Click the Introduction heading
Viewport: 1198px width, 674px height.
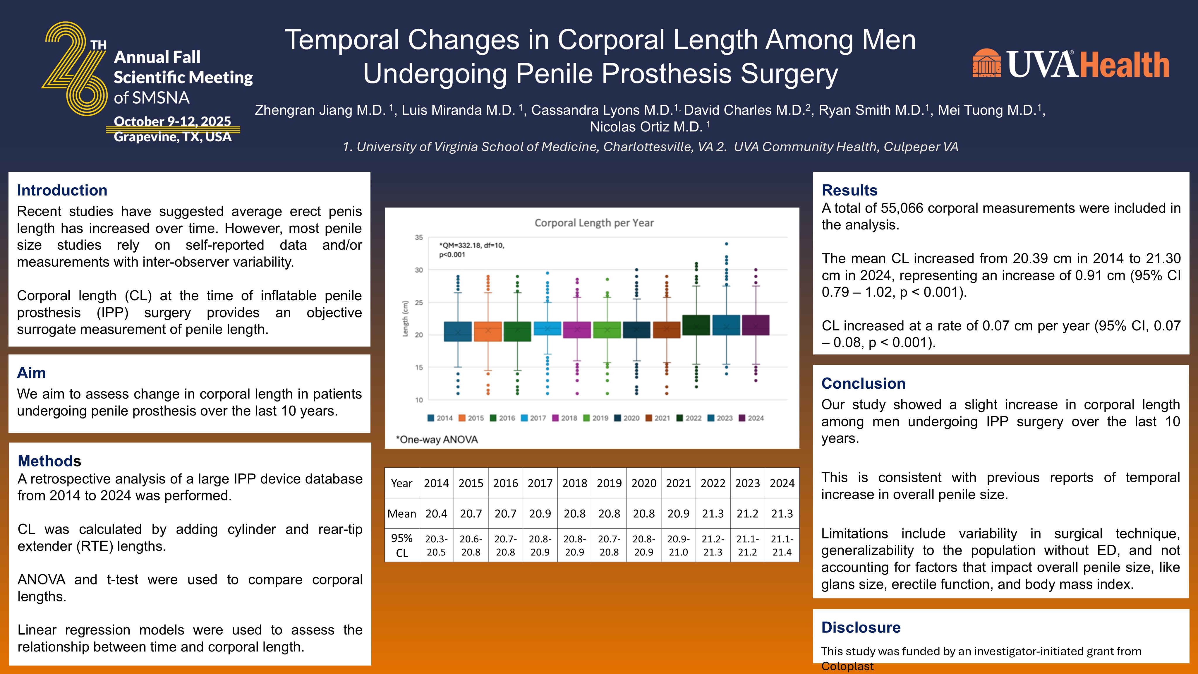click(62, 190)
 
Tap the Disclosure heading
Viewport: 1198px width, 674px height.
click(861, 627)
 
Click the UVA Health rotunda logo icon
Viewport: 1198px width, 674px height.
click(986, 63)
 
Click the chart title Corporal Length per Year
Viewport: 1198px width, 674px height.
click(594, 223)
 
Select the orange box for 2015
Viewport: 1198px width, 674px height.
click(488, 331)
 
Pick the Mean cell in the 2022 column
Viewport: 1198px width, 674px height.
click(713, 514)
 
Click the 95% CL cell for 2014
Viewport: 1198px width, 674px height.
click(436, 546)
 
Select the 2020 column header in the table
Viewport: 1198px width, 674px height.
click(644, 483)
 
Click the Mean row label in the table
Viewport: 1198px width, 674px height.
click(402, 514)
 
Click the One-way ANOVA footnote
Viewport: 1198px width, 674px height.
click(437, 440)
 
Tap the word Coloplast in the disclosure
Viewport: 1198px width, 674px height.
click(847, 666)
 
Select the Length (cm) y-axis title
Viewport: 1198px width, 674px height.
click(405, 319)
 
